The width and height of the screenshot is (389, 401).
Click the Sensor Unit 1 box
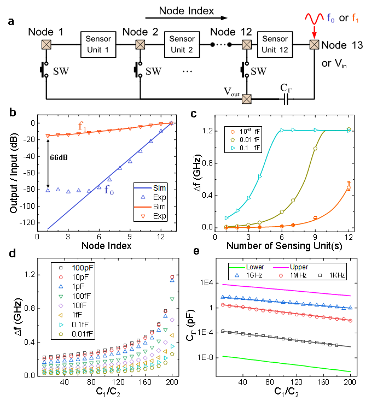[98, 44]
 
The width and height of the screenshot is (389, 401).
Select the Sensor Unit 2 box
[182, 44]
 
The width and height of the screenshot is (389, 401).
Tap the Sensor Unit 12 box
[275, 44]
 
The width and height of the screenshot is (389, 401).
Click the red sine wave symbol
[315, 19]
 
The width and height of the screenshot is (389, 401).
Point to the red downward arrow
[315, 32]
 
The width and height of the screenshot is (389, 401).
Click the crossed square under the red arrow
[315, 44]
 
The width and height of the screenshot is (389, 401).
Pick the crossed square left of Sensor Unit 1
[47, 44]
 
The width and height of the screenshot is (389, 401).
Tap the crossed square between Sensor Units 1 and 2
[140, 44]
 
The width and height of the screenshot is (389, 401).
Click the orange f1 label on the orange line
[82, 127]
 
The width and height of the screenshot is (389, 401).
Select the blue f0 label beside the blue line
[109, 191]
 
